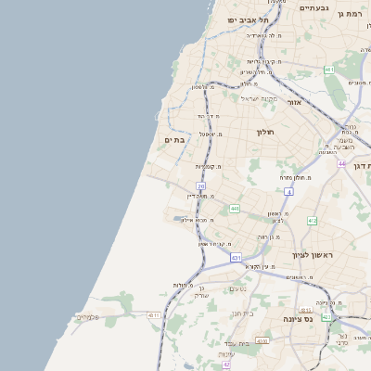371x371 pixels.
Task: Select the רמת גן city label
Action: (x=353, y=14)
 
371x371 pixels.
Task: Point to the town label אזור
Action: (x=295, y=103)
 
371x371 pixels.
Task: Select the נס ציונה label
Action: (x=297, y=318)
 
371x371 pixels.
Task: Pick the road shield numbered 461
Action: (x=329, y=70)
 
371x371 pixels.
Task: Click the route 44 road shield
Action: (x=341, y=164)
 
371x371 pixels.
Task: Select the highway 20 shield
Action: (x=200, y=186)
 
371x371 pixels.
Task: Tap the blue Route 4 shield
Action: (x=288, y=192)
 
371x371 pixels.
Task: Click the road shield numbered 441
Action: (x=235, y=209)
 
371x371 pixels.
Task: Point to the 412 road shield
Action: (x=312, y=221)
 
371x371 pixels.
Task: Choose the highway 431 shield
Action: (x=237, y=257)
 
